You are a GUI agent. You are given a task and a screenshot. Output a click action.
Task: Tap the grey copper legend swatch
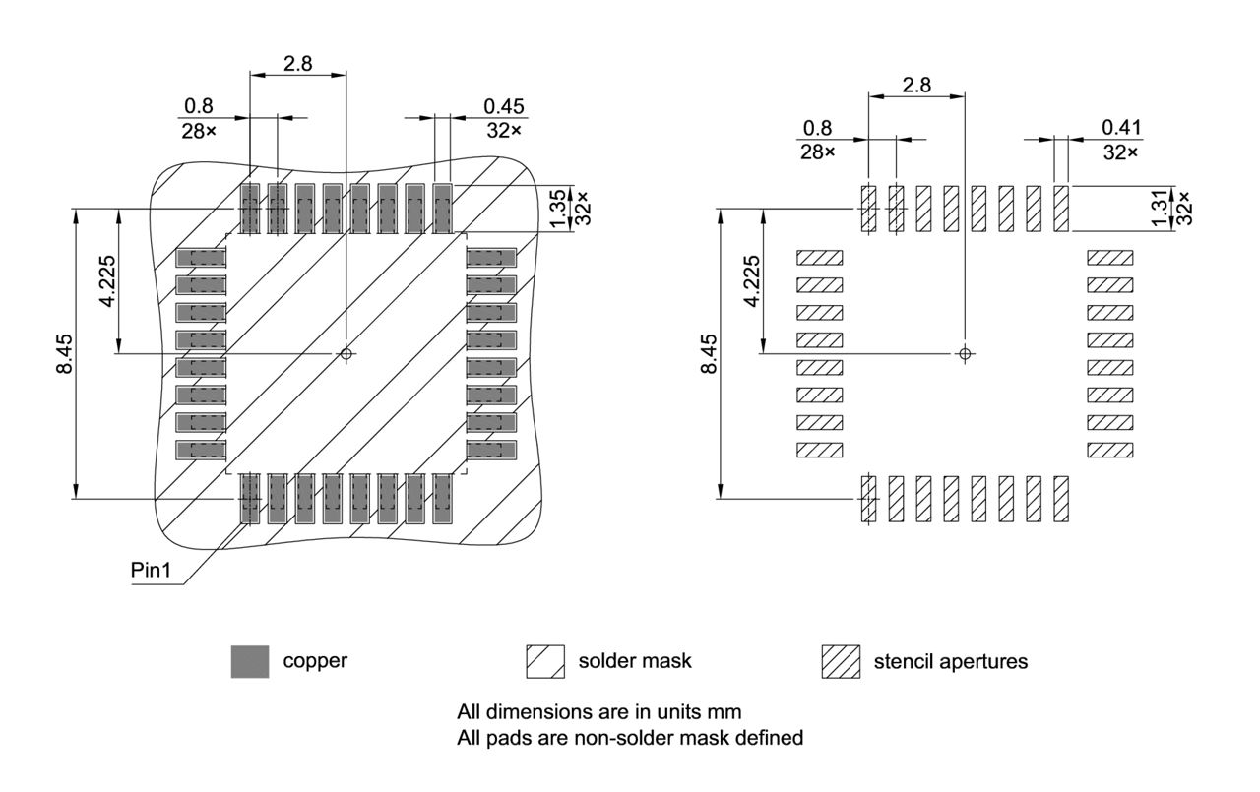pos(249,662)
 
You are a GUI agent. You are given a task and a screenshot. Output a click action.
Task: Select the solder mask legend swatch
pos(544,662)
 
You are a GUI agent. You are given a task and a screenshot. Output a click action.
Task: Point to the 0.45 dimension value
pos(504,106)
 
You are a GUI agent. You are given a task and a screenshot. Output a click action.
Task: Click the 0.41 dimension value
pos(1121,127)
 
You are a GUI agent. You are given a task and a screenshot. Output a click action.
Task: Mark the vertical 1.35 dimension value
pos(559,208)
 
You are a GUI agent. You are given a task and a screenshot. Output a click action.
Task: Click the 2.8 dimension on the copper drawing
pos(297,63)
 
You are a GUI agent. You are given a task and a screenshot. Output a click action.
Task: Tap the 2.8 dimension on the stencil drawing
pos(915,85)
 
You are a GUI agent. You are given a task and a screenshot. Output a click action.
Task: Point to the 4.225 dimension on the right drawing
pos(751,280)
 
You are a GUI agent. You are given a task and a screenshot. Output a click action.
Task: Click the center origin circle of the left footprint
pos(346,353)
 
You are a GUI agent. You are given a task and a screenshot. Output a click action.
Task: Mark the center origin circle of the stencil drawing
pos(965,353)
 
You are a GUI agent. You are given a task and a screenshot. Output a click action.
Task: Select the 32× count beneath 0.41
pos(1121,152)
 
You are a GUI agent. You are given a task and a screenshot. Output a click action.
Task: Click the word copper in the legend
pos(315,661)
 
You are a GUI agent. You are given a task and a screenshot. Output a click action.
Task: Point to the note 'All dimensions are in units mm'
pos(598,711)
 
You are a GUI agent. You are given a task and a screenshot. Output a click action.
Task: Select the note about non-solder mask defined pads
pos(629,737)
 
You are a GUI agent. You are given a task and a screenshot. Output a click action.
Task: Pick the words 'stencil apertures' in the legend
pos(950,661)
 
